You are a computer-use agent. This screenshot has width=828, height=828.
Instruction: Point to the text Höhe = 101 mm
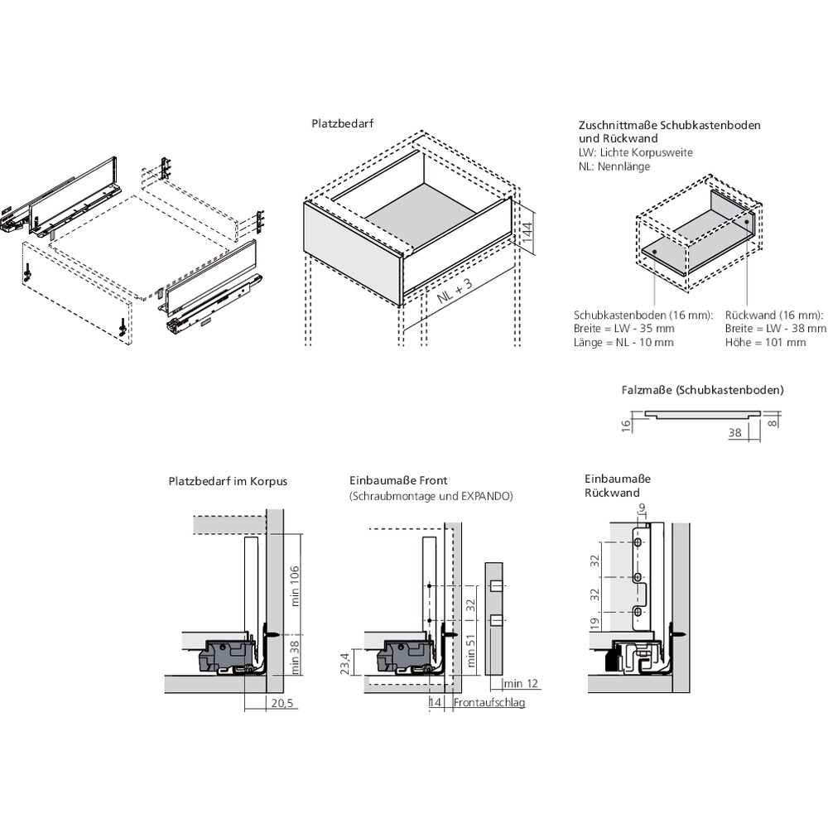[765, 342]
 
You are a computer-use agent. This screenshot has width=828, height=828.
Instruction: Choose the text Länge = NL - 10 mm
[623, 342]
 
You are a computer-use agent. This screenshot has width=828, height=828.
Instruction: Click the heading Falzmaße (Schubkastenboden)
[702, 389]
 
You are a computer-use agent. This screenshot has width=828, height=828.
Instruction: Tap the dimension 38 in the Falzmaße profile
[734, 432]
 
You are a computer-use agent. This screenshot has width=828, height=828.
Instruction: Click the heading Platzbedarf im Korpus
[228, 480]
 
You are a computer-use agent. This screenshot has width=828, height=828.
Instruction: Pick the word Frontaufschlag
[489, 702]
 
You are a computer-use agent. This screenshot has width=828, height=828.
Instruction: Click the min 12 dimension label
[522, 683]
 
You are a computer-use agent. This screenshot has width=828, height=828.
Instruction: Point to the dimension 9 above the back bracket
[641, 508]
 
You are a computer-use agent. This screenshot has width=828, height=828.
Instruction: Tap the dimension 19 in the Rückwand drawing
[594, 623]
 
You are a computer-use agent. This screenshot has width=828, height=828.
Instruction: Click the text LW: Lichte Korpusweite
[635, 152]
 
